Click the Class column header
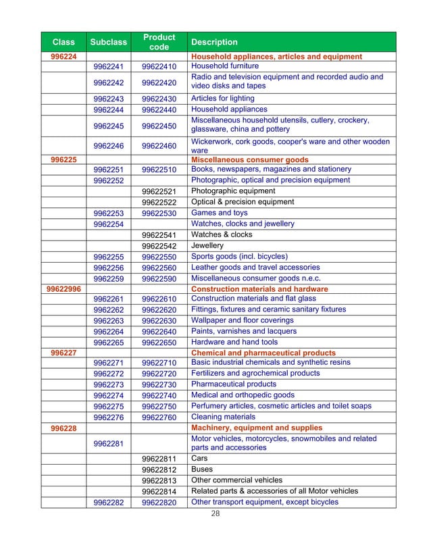pos(63,42)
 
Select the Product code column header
pos(159,42)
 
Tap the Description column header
pos(214,42)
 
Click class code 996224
pos(63,57)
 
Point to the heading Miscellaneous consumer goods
pos(250,159)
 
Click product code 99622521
pos(159,191)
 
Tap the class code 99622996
pos(63,289)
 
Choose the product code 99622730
pos(159,384)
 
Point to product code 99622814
pos(159,491)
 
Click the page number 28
pos(216,513)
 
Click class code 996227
pos(63,353)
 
